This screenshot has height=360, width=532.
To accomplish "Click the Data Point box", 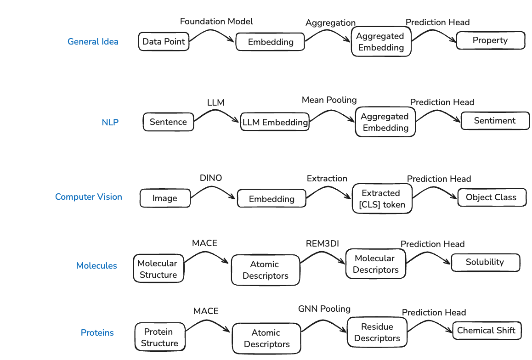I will coord(164,41).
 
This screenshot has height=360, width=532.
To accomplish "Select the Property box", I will coord(490,40).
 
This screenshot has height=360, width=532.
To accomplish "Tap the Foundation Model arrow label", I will coord(216,22).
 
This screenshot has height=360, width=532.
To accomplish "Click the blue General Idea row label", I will coord(93,41).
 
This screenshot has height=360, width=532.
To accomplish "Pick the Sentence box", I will coord(168,122).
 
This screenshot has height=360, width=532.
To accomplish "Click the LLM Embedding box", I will coord(275,123).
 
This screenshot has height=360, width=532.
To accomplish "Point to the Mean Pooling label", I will coord(329,100).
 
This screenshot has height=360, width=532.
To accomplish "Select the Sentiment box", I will coord(495,121).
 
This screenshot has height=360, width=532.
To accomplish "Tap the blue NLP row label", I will coord(110,123).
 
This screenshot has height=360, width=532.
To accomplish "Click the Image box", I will coord(165,198).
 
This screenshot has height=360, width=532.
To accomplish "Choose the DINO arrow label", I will coord(210,178).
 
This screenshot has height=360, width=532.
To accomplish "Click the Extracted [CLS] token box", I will coord(382,199).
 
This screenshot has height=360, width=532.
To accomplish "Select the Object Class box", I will coord(492,197).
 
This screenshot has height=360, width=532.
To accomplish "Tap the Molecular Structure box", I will coord(158,269).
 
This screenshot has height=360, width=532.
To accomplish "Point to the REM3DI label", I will coord(322,243).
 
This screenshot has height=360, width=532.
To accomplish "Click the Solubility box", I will coord(485,262).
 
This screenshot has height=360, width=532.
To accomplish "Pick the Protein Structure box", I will coord(159,337).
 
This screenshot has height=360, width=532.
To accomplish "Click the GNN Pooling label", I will coord(324,309).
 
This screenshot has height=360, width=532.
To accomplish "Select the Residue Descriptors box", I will coord(377,332).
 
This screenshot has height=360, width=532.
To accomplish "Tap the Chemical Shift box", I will coord(487,331).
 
